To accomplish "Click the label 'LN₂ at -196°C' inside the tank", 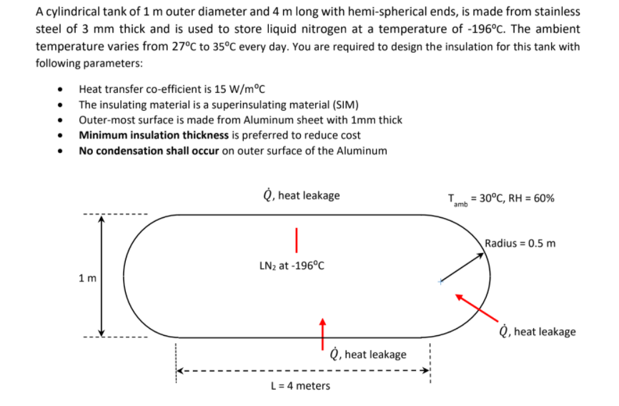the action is click(292, 266).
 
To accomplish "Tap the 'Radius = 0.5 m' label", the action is click(520, 243).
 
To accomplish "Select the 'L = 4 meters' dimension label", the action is click(300, 386).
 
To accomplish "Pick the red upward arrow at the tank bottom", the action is click(323, 330).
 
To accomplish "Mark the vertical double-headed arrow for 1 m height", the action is click(102, 277).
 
